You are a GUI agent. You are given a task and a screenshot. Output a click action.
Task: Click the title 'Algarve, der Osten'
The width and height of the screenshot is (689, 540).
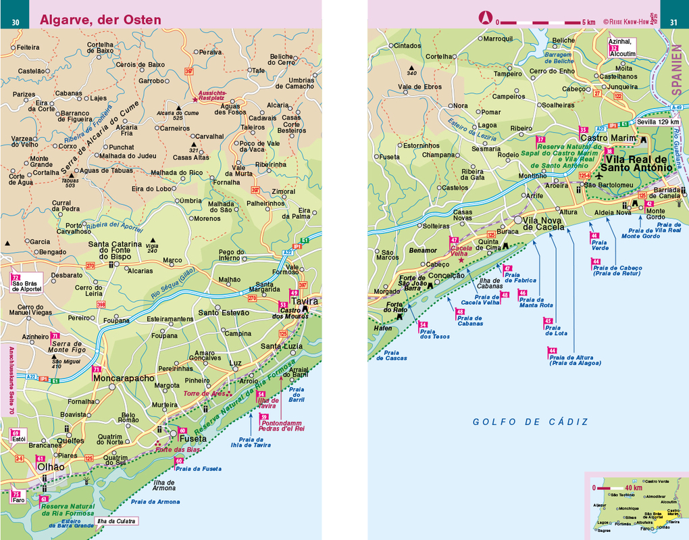[x=101, y=20]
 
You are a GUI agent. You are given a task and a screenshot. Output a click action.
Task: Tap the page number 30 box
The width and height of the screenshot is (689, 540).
[x=15, y=22]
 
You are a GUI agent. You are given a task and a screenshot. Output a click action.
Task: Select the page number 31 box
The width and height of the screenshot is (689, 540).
[x=673, y=22]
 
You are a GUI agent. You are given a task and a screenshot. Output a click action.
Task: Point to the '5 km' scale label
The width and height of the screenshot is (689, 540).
[x=588, y=22]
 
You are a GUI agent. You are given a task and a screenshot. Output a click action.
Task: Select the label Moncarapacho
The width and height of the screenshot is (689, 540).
[x=124, y=379]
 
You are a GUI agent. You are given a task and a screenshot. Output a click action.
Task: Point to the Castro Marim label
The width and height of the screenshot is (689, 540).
[x=608, y=139]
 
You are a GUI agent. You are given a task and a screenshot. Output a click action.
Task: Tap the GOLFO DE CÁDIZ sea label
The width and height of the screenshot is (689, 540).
[x=530, y=422]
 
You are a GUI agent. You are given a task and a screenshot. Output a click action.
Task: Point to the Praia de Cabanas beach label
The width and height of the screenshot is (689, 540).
[x=469, y=320]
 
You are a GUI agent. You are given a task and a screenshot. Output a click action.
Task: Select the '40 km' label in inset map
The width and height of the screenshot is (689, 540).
[x=634, y=487]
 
